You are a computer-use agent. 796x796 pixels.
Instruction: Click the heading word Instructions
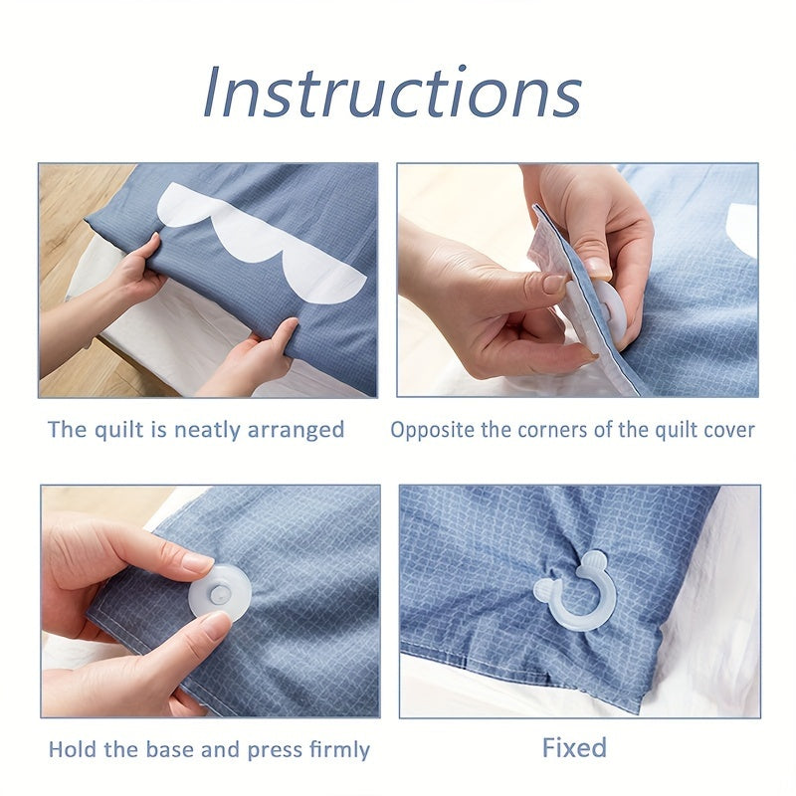click(x=392, y=93)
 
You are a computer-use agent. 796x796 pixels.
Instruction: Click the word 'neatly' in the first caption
click(x=207, y=431)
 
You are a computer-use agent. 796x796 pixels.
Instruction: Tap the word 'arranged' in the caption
click(x=296, y=431)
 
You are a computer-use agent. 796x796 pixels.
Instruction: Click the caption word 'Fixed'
click(x=574, y=748)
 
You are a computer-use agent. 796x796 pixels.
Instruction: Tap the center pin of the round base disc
click(x=220, y=593)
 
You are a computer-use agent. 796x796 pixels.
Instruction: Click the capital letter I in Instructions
click(x=212, y=93)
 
